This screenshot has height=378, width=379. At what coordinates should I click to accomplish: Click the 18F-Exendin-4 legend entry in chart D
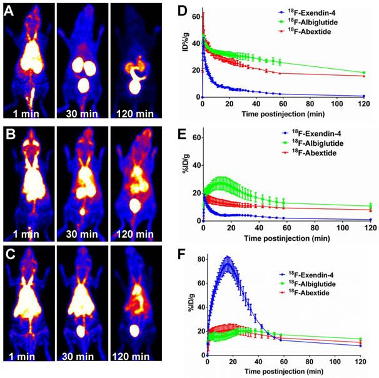tap(315, 13)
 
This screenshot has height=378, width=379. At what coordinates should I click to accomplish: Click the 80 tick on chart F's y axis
tap(200, 257)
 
